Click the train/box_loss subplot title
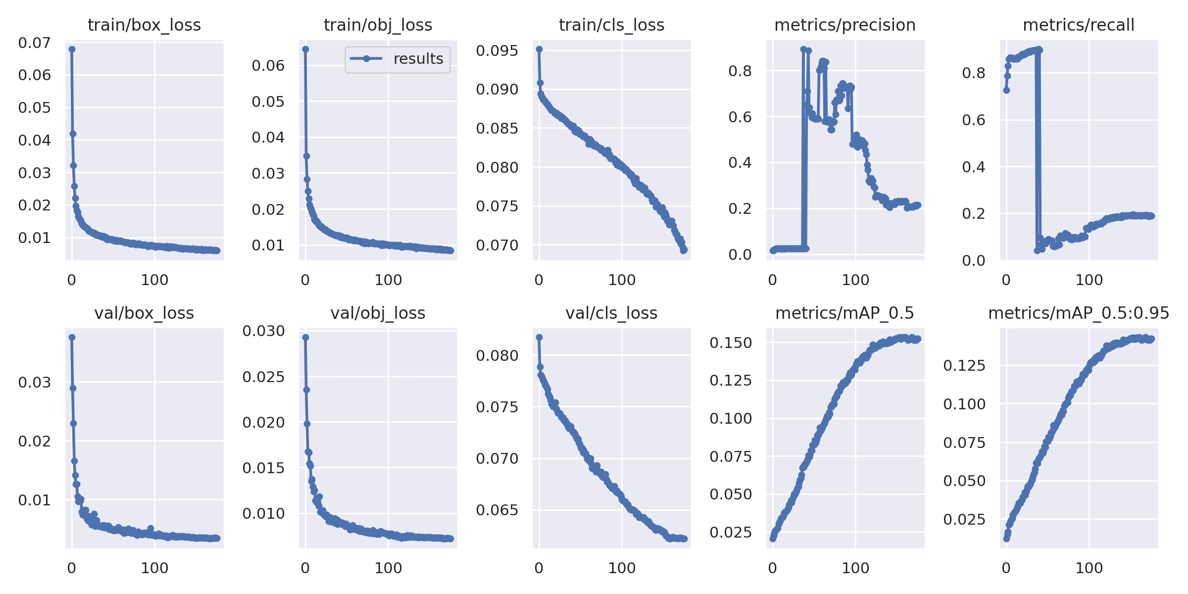click(x=144, y=25)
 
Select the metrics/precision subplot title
click(x=844, y=25)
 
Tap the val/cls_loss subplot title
click(x=611, y=313)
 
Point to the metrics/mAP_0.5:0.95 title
click(x=1079, y=313)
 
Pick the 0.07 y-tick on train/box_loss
click(x=34, y=43)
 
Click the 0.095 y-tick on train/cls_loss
click(x=497, y=50)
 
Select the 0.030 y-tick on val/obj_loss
click(x=263, y=331)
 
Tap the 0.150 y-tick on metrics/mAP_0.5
click(x=731, y=343)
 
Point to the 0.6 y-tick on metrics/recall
click(x=973, y=120)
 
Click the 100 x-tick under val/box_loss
click(x=154, y=568)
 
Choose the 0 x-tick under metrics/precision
click(x=773, y=280)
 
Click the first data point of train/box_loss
click(x=72, y=49)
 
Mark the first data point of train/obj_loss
click(x=305, y=49)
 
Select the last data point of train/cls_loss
click(x=684, y=250)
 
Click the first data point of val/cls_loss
click(x=539, y=337)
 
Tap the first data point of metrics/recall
click(x=1006, y=90)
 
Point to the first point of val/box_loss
click(x=72, y=337)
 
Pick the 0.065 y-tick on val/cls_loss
click(x=497, y=510)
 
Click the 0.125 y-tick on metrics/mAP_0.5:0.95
click(x=964, y=366)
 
